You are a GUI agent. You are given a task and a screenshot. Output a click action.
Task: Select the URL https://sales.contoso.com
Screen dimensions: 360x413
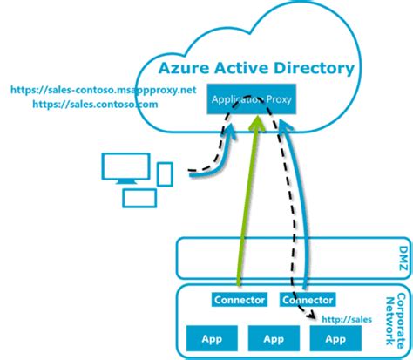click(95, 104)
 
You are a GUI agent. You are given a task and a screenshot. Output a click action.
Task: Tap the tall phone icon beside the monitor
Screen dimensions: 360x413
click(166, 174)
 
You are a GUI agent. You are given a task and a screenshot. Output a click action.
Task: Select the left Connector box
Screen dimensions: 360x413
click(239, 300)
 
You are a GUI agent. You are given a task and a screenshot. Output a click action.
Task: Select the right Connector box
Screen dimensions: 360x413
click(308, 300)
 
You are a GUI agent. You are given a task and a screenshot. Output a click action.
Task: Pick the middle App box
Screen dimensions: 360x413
click(274, 339)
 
